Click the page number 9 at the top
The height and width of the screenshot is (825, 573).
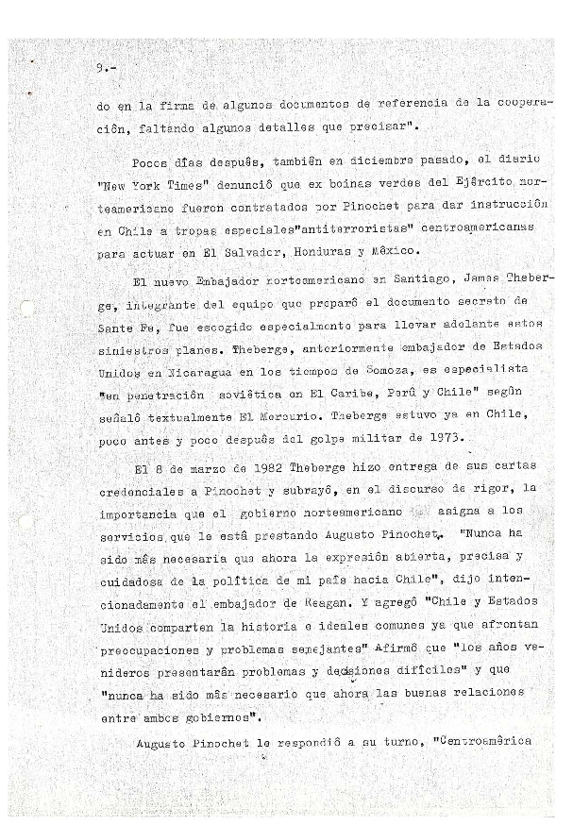click(100, 68)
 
